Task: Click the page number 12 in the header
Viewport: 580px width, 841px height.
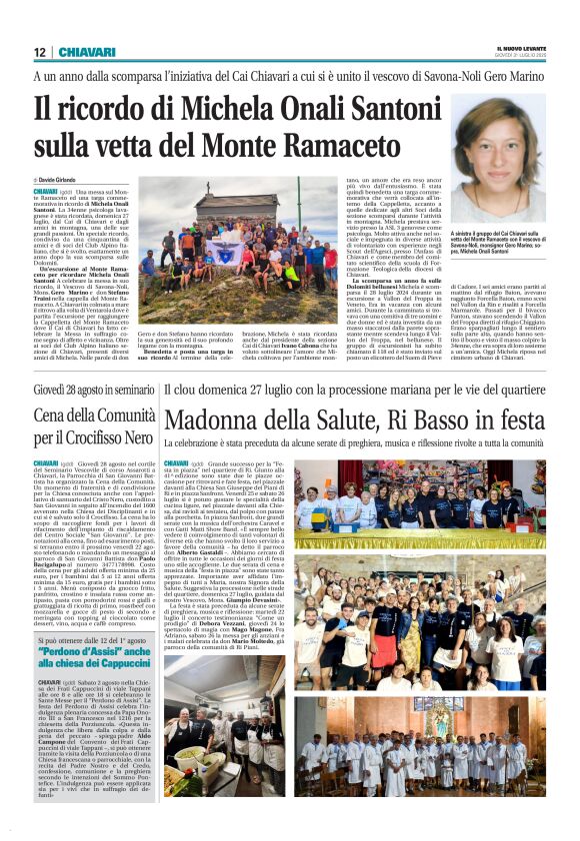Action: [x=39, y=52]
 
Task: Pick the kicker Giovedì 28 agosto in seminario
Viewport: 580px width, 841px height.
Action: [x=94, y=389]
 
